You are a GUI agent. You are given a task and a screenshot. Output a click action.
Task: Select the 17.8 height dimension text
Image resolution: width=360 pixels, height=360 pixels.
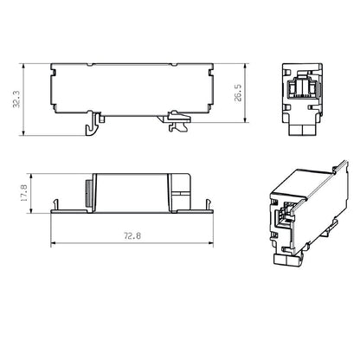[x=26, y=191]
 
